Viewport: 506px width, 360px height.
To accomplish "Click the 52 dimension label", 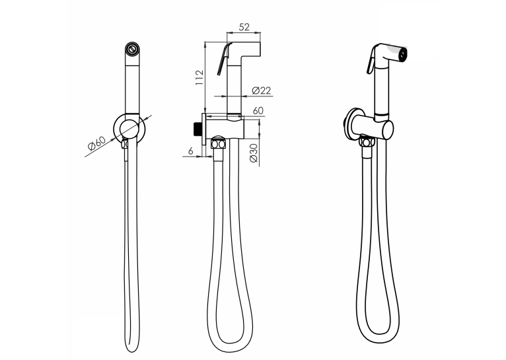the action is click(244, 27).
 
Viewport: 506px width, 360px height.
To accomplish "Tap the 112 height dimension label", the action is click(199, 77).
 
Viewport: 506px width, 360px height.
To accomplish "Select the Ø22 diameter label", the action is click(261, 90).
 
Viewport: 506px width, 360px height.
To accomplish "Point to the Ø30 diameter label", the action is click(254, 153).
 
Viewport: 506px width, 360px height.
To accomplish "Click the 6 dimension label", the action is click(191, 151).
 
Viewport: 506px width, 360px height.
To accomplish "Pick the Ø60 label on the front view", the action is click(97, 143).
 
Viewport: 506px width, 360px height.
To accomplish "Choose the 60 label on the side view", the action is click(258, 111).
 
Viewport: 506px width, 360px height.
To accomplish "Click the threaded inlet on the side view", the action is click(198, 129).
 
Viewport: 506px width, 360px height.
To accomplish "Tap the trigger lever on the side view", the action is click(224, 59).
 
